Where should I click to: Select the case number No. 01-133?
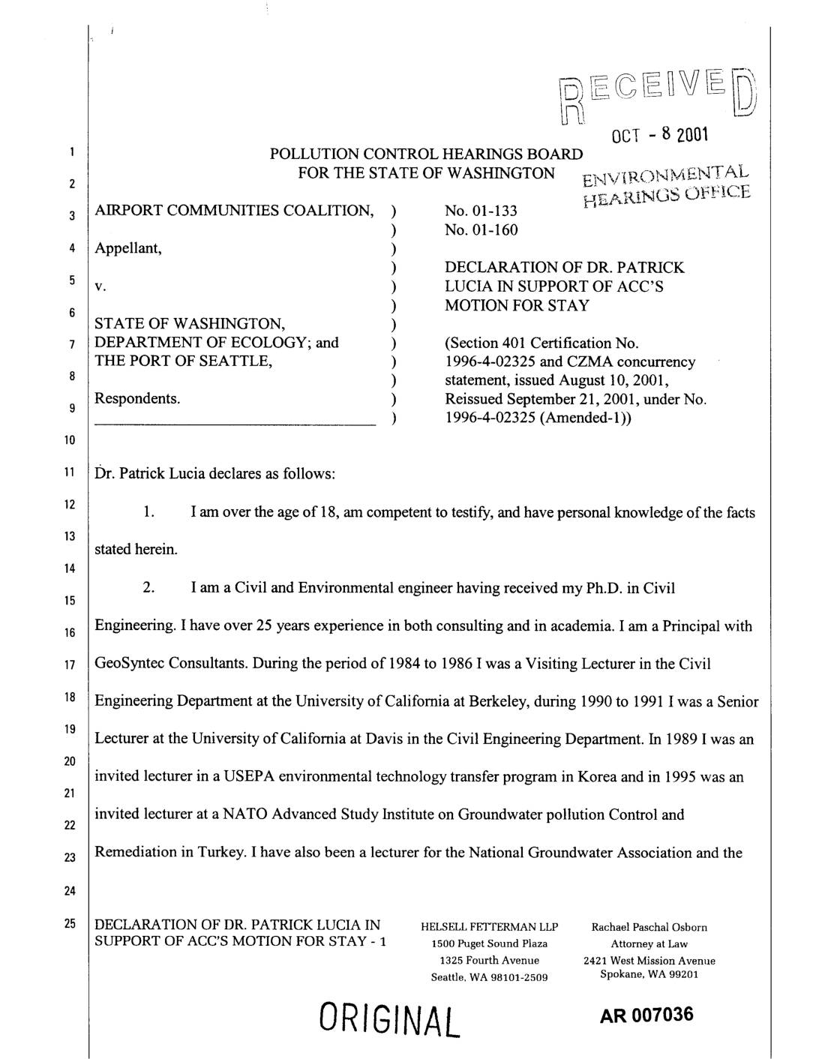tap(481, 211)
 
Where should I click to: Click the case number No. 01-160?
tap(481, 229)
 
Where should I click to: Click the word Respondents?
tap(137, 398)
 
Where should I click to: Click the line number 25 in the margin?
tap(68, 924)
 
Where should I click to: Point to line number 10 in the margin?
tap(68, 439)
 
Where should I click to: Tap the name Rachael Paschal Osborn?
tap(649, 928)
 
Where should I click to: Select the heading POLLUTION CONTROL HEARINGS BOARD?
tap(425, 154)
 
